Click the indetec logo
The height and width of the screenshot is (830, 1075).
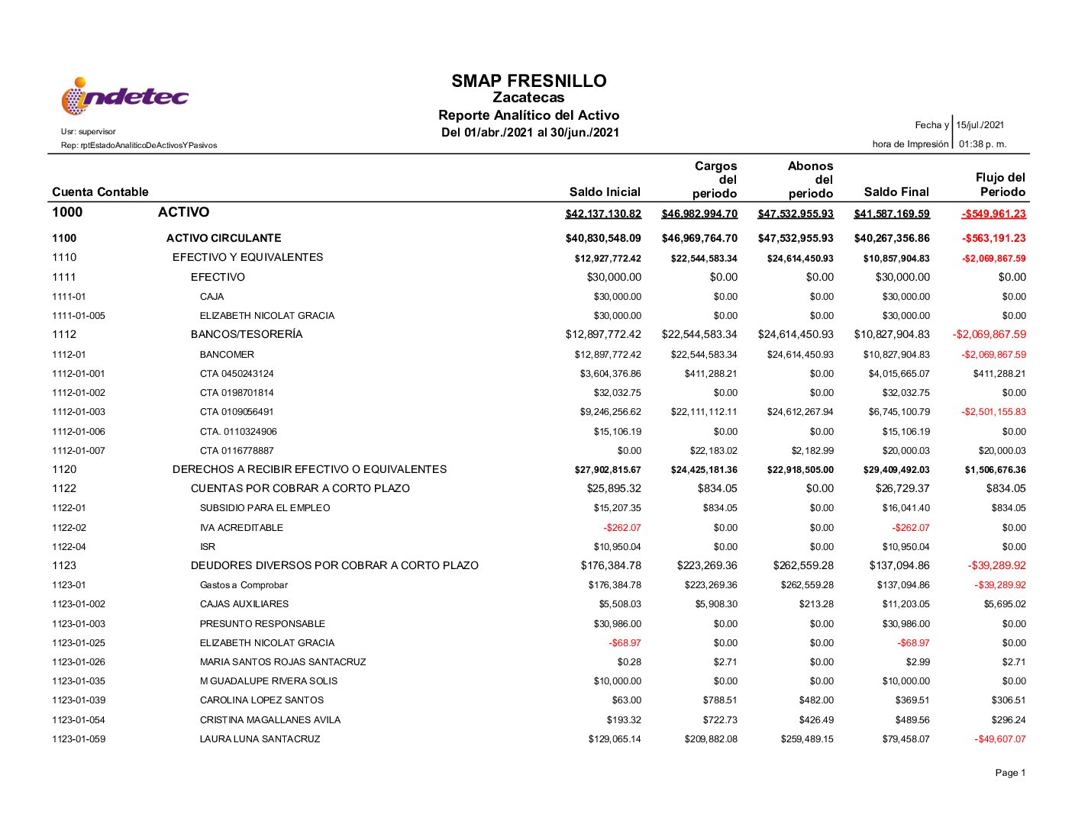click(x=124, y=97)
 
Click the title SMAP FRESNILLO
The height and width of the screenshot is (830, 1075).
click(x=528, y=81)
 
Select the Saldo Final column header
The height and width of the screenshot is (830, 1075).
click(x=896, y=192)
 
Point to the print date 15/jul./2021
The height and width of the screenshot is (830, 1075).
click(x=980, y=125)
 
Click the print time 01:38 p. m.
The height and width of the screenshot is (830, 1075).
click(x=983, y=144)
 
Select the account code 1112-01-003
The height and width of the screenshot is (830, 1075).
click(x=79, y=412)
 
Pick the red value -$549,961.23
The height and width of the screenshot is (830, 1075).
click(x=993, y=214)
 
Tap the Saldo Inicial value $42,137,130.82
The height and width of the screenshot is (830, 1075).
click(x=603, y=214)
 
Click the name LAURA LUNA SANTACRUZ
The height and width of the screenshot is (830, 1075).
click(x=260, y=739)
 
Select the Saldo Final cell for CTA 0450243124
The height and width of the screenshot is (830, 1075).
click(x=899, y=374)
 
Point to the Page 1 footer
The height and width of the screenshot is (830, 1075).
click(x=1010, y=773)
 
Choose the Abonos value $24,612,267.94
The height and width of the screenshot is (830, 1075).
click(x=800, y=412)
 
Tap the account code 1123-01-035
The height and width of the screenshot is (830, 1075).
click(x=79, y=681)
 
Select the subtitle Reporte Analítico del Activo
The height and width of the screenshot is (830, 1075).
click(x=528, y=115)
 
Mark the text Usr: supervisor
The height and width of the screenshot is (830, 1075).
click(x=89, y=131)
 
